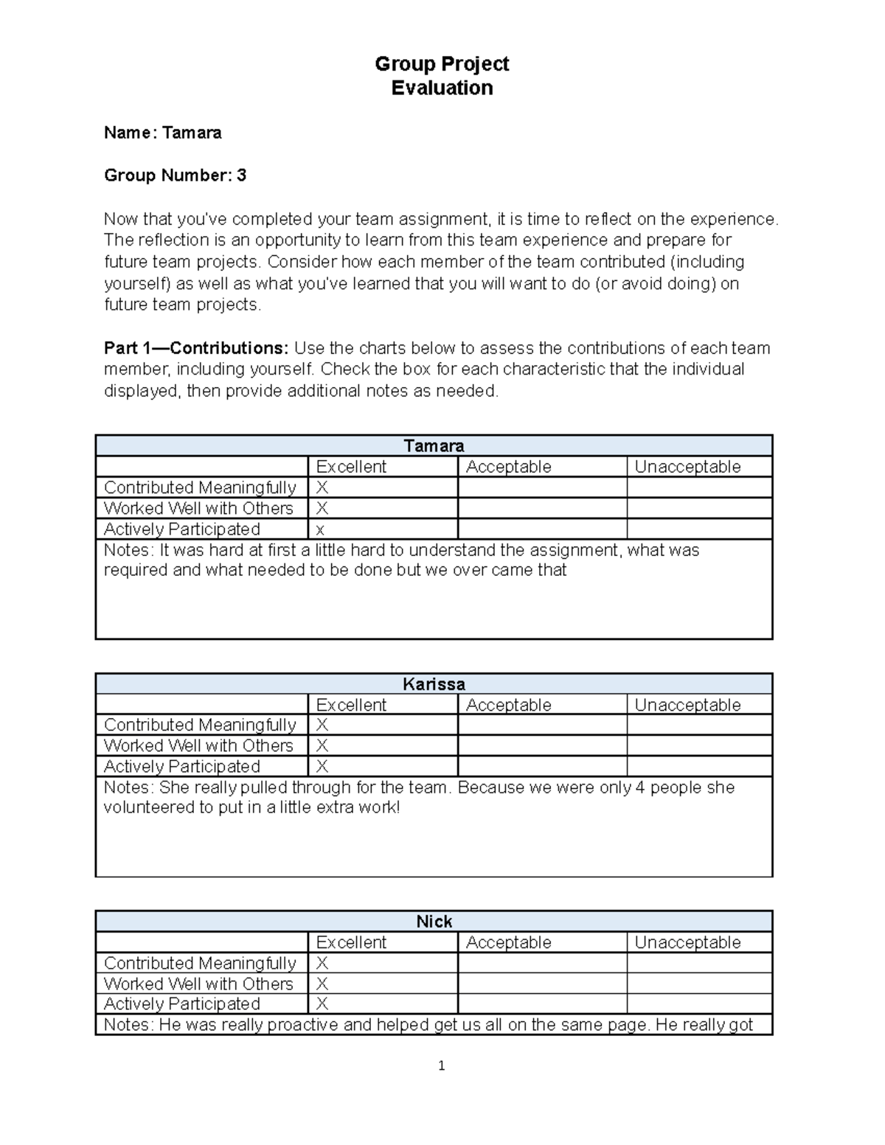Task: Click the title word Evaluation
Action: [442, 88]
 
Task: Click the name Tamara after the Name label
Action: [192, 133]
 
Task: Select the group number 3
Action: [241, 175]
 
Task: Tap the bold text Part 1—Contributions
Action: [197, 348]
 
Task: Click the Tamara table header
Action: [434, 446]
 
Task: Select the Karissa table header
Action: [434, 684]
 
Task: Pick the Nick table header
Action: [434, 922]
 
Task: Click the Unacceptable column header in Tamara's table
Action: [687, 467]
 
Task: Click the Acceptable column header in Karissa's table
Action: [508, 705]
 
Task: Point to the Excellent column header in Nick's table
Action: [351, 942]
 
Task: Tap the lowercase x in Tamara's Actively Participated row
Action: [320, 530]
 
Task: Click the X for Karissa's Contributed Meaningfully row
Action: [322, 725]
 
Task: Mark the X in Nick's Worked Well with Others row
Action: [322, 984]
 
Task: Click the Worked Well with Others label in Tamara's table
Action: [198, 508]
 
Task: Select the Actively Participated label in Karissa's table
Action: [182, 767]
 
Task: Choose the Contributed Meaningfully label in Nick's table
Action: [200, 963]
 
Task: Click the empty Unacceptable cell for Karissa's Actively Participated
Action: [699, 766]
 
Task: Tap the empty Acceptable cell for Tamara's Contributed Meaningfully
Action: [542, 487]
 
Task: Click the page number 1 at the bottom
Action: [441, 1065]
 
